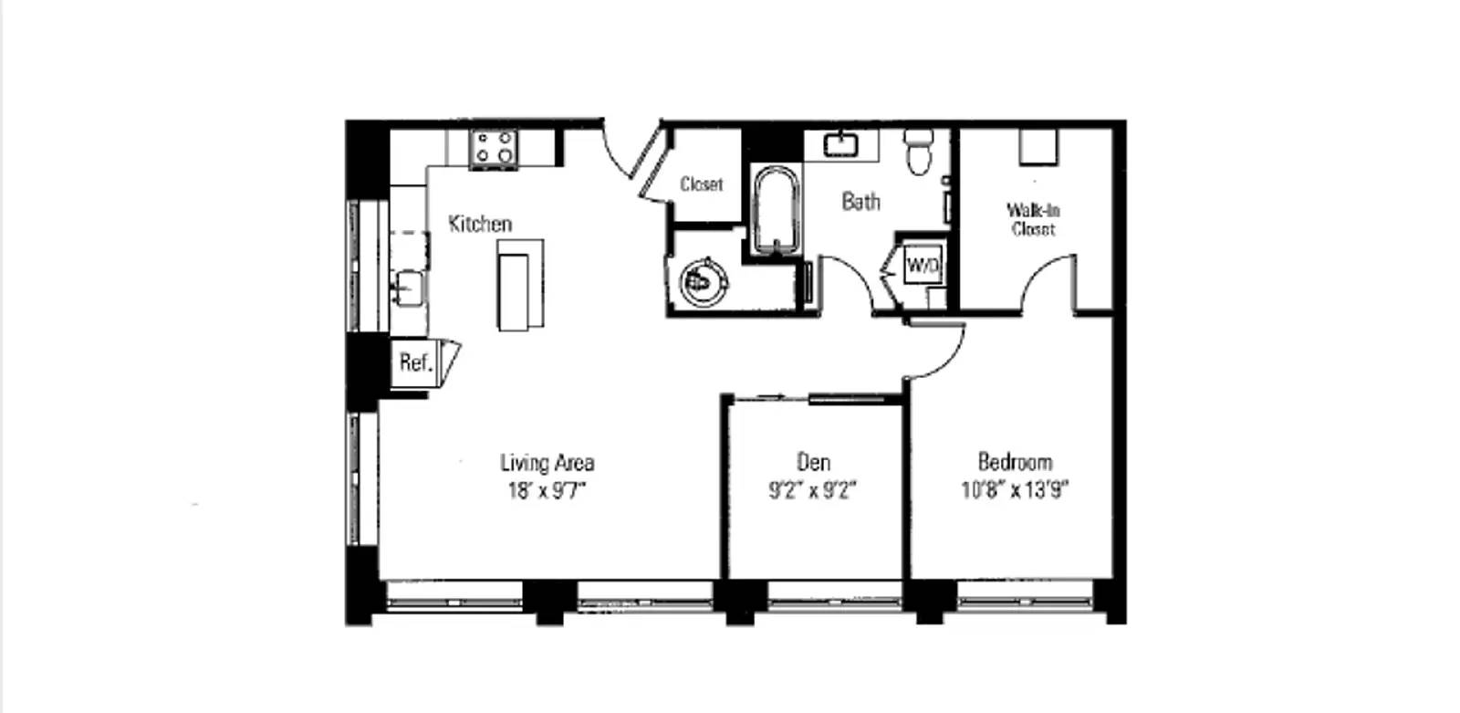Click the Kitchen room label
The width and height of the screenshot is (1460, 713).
point(480,224)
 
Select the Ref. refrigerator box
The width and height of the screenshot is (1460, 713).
point(416,362)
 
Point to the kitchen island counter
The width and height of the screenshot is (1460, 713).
point(520,285)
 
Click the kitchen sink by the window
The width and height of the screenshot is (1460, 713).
point(408,288)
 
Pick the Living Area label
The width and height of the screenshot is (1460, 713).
point(547,463)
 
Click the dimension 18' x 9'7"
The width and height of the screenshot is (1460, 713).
point(547,490)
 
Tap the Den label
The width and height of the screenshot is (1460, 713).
point(813,462)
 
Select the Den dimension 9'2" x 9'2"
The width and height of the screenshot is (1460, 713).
point(813,489)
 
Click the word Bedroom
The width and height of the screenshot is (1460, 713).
point(1015,462)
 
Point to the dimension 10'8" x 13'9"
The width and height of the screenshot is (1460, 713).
point(1015,489)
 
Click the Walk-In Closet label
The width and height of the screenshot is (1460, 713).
point(1033,219)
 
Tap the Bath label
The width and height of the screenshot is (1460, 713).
point(860,202)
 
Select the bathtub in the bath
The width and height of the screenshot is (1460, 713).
point(776,209)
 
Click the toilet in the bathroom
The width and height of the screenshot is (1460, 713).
point(919,152)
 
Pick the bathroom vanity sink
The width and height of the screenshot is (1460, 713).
point(841,145)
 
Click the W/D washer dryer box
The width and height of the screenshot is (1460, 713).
point(923,265)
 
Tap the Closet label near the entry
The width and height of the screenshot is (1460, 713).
point(702,184)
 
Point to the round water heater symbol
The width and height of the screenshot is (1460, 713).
point(704,283)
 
